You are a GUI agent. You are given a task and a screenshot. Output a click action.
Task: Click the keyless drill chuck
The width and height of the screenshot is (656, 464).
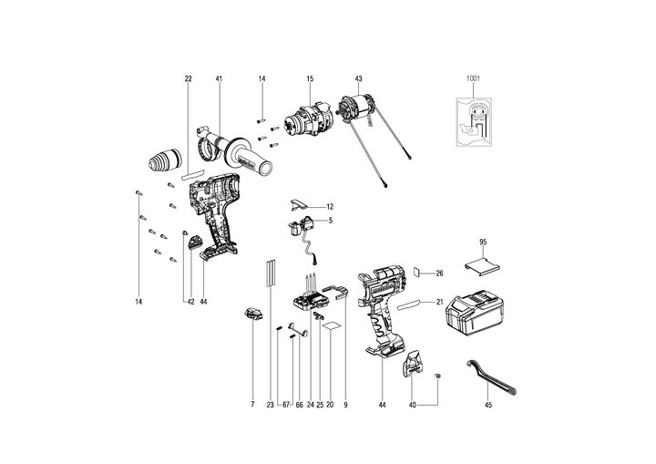pyautogui.click(x=165, y=162)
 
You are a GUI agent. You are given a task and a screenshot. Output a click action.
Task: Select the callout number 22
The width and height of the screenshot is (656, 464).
pyautogui.click(x=189, y=79)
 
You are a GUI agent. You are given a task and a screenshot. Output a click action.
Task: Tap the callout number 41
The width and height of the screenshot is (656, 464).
pyautogui.click(x=219, y=79)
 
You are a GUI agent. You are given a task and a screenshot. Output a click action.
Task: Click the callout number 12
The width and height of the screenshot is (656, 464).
pyautogui.click(x=330, y=207)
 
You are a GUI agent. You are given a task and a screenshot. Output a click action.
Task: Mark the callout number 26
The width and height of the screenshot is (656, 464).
pyautogui.click(x=438, y=273)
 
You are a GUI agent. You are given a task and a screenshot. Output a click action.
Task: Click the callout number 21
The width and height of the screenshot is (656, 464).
pyautogui.click(x=438, y=302)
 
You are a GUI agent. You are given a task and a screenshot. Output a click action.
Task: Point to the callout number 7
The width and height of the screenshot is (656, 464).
pyautogui.click(x=251, y=404)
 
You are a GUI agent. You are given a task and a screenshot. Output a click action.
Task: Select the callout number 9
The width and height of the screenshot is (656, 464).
pyautogui.click(x=346, y=404)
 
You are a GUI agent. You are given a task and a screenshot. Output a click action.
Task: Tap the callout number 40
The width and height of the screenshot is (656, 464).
pyautogui.click(x=411, y=404)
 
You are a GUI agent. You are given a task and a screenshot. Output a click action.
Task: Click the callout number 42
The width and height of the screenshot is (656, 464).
pyautogui.click(x=190, y=301)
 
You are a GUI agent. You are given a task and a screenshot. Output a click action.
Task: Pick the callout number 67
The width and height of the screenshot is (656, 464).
pyautogui.click(x=285, y=404)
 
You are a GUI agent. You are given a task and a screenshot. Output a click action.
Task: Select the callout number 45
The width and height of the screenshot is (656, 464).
pyautogui.click(x=487, y=404)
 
